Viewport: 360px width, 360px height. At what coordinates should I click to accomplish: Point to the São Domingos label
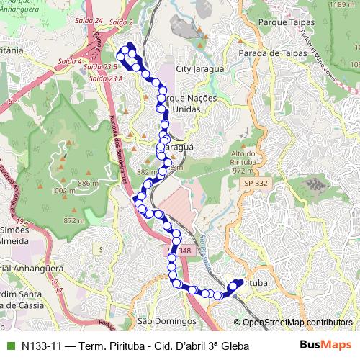(166, 320)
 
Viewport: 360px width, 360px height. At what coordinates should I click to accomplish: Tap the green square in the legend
(9, 346)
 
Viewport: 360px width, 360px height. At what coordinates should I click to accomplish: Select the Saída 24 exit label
(89, 22)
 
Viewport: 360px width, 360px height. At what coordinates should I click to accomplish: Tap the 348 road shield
(184, 251)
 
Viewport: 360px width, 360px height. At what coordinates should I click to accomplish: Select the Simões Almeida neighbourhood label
(16, 234)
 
